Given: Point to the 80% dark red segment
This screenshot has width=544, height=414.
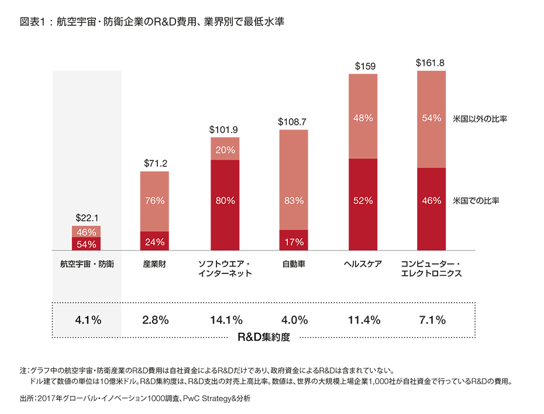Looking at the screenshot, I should point(225,201).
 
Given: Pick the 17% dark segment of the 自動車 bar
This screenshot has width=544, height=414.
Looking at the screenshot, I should point(294,241).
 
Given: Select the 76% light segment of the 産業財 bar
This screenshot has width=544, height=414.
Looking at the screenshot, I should point(155,201).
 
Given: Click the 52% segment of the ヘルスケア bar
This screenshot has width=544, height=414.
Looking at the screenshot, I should point(363,201).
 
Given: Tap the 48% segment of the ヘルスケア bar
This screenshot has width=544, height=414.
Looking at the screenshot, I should point(363,118).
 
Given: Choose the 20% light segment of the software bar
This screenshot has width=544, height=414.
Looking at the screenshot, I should point(225,149).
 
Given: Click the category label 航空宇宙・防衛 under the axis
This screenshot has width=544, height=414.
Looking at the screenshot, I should point(87,264).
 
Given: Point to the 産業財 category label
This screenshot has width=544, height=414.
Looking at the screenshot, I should point(155,264).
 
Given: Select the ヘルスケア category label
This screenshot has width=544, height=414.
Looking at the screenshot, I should point(363,264).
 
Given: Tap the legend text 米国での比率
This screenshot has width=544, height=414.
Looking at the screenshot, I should point(479,201).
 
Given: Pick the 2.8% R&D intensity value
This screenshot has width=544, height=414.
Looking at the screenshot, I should point(155,320).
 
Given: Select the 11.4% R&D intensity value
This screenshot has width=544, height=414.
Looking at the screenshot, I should point(363,320).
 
